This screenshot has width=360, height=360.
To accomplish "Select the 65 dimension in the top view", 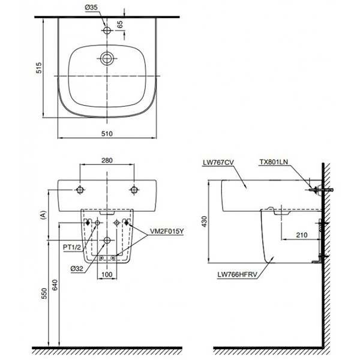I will click(119, 25).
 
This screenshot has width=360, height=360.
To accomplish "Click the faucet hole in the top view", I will click(107, 29).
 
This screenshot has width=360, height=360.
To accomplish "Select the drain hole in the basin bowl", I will click(107, 59).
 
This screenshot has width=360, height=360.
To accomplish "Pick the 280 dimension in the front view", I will click(107, 161).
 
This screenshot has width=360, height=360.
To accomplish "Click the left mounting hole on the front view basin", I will click(80, 190).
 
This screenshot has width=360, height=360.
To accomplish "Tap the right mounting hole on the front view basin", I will click(134, 190).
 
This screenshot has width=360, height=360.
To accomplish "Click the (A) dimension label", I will click(41, 217).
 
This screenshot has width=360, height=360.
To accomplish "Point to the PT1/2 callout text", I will click(70, 245).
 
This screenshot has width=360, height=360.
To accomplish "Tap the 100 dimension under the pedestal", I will click(107, 275).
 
